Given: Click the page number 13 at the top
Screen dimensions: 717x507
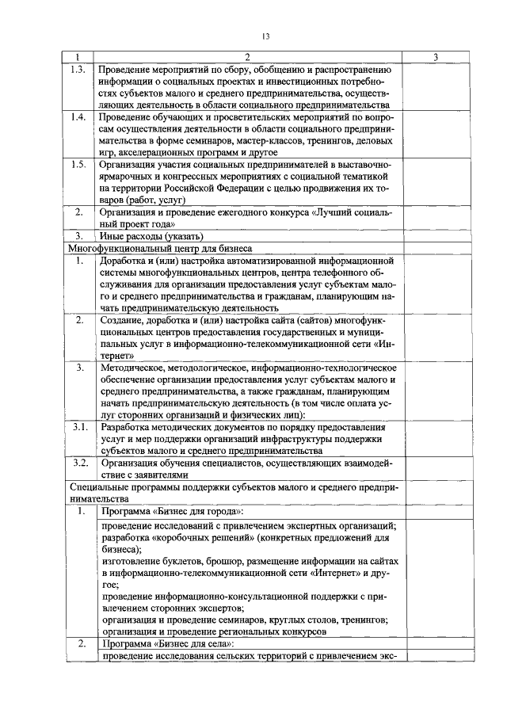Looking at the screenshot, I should [x=266, y=35].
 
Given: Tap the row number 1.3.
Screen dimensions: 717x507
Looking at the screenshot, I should [x=77, y=69].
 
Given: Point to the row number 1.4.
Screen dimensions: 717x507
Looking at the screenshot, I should [x=77, y=116].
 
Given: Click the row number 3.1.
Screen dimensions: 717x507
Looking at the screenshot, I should [x=78, y=426].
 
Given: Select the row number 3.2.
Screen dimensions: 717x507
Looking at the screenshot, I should [x=78, y=461].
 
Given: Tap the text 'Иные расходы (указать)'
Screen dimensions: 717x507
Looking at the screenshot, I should [x=152, y=236].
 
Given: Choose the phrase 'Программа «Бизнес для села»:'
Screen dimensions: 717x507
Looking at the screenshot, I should [x=166, y=643].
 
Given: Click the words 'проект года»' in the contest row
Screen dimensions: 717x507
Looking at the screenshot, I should [x=136, y=224].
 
